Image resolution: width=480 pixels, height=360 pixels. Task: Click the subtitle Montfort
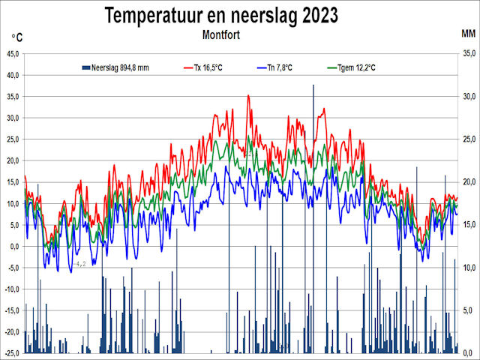223,34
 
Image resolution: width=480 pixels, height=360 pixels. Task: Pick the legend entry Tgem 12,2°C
354,68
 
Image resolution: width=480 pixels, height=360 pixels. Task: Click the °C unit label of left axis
17,37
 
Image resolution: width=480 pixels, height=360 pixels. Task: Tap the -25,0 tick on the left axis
13,353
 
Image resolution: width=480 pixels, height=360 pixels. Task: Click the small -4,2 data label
80,264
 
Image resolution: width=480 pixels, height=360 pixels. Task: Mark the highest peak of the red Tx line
248,96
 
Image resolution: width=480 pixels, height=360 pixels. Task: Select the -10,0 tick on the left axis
13,289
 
